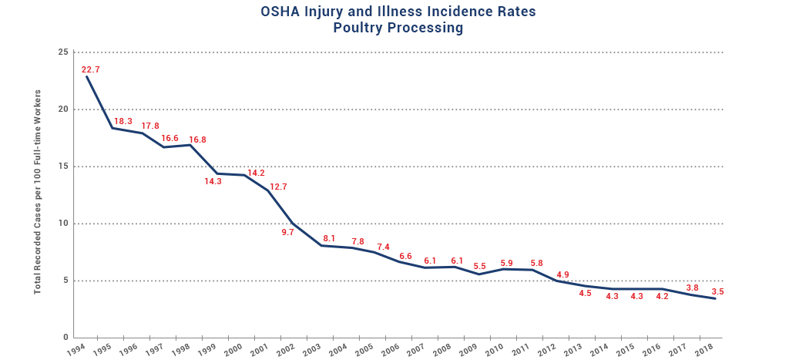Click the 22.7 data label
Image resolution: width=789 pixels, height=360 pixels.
(x=91, y=69)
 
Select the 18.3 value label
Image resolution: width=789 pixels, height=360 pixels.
(x=123, y=122)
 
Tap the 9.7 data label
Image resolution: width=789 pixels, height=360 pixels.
(x=288, y=232)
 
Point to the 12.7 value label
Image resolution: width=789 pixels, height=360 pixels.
(x=277, y=187)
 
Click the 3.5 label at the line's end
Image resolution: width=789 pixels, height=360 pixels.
(x=717, y=292)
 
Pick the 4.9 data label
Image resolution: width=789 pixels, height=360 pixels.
(x=562, y=274)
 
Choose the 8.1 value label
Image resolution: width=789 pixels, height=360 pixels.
(x=329, y=238)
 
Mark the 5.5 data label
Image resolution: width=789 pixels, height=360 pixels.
(x=479, y=266)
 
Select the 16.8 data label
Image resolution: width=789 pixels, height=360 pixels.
(x=197, y=140)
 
